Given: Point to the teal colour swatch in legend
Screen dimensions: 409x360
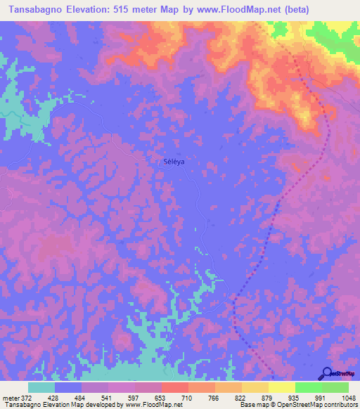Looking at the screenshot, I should coord(41,387).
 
